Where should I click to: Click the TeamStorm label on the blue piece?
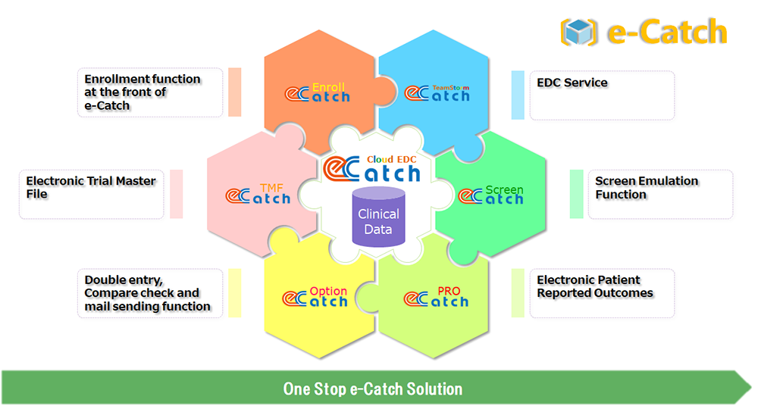450,88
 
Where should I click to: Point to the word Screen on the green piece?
504,189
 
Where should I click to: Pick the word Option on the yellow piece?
328,292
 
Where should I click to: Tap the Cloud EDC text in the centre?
391,159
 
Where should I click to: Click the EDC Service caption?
572,83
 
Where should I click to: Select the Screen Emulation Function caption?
647,187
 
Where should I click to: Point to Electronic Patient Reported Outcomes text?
595,286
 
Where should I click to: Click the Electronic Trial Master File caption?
91,187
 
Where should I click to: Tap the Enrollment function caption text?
143,92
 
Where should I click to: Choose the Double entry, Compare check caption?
148,293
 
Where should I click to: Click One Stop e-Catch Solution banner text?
372,389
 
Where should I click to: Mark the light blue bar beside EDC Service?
518,95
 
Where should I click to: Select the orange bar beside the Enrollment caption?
234,92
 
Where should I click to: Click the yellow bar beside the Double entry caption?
234,293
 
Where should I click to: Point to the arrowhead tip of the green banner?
750,388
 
